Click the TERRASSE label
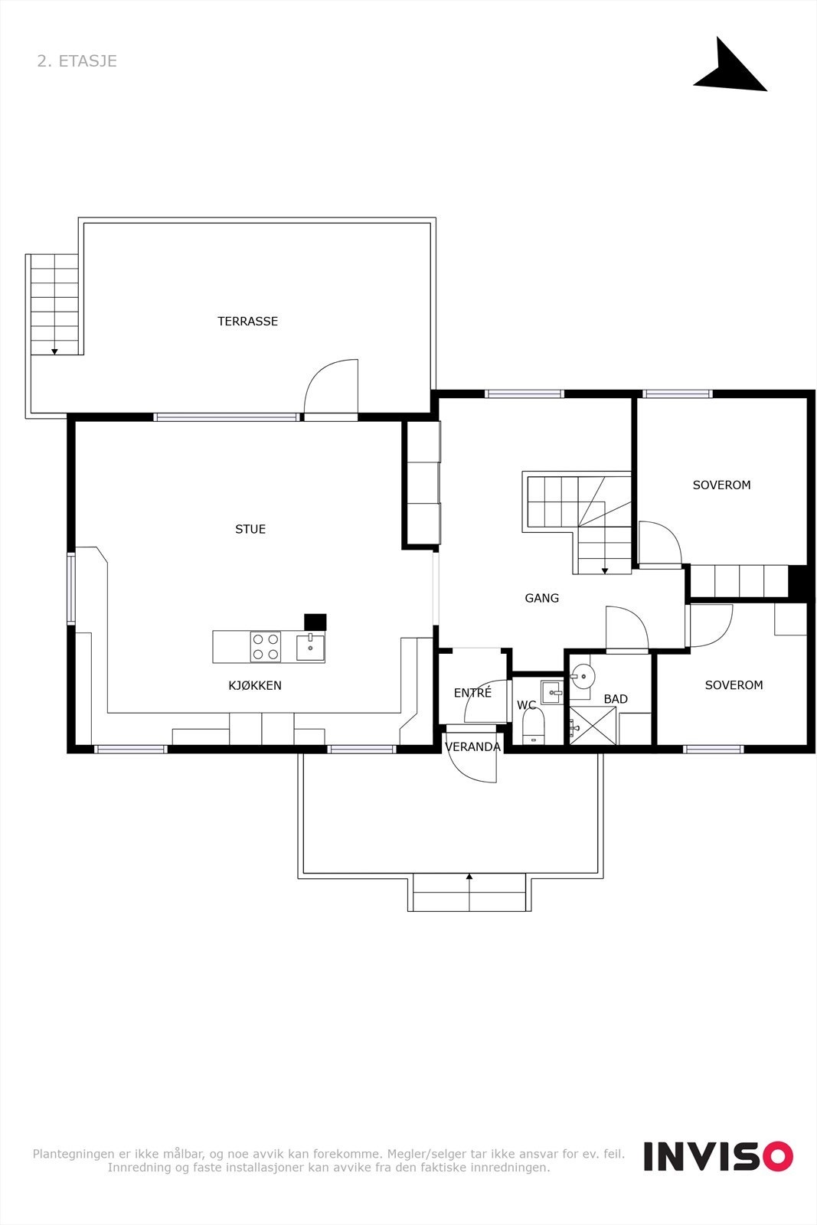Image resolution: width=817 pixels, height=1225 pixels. tap(248, 321)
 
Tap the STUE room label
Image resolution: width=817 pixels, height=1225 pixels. tap(250, 529)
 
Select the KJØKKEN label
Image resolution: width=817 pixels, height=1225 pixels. tap(255, 685)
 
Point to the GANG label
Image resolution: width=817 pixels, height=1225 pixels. tap(542, 598)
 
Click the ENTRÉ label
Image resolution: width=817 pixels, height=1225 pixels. tap(472, 692)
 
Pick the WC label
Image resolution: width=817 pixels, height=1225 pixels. tap(526, 705)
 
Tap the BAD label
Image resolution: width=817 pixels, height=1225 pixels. tap(616, 699)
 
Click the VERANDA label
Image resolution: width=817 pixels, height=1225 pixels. tap(472, 747)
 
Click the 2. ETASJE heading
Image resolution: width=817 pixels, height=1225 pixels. tap(77, 60)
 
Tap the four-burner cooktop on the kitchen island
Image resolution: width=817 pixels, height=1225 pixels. tap(265, 647)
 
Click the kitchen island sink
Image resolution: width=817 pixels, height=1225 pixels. tap(310, 647)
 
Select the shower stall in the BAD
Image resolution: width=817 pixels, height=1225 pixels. tap(593, 726)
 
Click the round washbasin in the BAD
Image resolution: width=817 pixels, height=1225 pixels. tap(584, 676)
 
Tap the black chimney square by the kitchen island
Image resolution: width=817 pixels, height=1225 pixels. tap(315, 622)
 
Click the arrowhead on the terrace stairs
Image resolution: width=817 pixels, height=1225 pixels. tap(54, 351)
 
